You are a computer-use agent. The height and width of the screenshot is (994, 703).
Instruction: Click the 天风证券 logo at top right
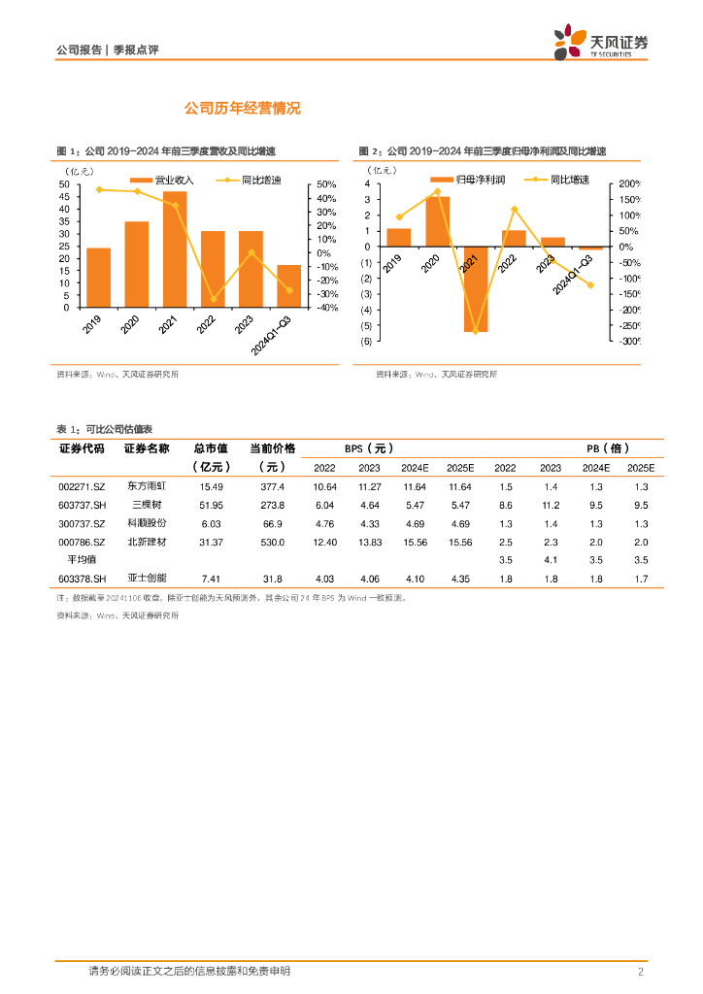pos(600,42)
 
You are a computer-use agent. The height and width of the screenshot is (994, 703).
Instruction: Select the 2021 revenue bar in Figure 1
pos(175,249)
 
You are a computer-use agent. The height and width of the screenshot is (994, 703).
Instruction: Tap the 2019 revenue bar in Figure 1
pos(98,278)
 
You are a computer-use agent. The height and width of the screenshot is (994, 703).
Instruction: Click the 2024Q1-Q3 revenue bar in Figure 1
pos(288,286)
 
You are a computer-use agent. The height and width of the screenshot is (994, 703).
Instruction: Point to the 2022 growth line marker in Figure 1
pos(213,300)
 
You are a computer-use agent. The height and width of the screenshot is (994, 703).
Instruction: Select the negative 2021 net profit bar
pos(476,289)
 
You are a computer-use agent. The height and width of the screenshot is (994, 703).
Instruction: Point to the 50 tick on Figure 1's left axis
pos(64,184)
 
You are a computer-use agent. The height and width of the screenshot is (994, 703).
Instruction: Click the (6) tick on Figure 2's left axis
pos(365,341)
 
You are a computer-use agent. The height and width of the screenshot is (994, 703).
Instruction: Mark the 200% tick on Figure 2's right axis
pos(628,183)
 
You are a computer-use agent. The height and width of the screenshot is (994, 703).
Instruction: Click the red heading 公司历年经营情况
pos(243,109)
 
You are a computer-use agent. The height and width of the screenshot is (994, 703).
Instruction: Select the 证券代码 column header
pos(82,448)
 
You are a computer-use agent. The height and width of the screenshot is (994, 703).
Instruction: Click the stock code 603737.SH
pos(82,505)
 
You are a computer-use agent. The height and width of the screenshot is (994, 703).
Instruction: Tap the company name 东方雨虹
pos(147,486)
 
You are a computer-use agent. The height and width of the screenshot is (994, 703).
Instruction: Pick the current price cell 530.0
pos(273,542)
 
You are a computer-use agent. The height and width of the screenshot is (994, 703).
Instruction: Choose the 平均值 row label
pos(82,560)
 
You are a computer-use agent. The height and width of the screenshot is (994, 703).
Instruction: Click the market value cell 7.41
pos(211,579)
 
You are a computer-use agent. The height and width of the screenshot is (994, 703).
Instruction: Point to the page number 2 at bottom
pos(641,972)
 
